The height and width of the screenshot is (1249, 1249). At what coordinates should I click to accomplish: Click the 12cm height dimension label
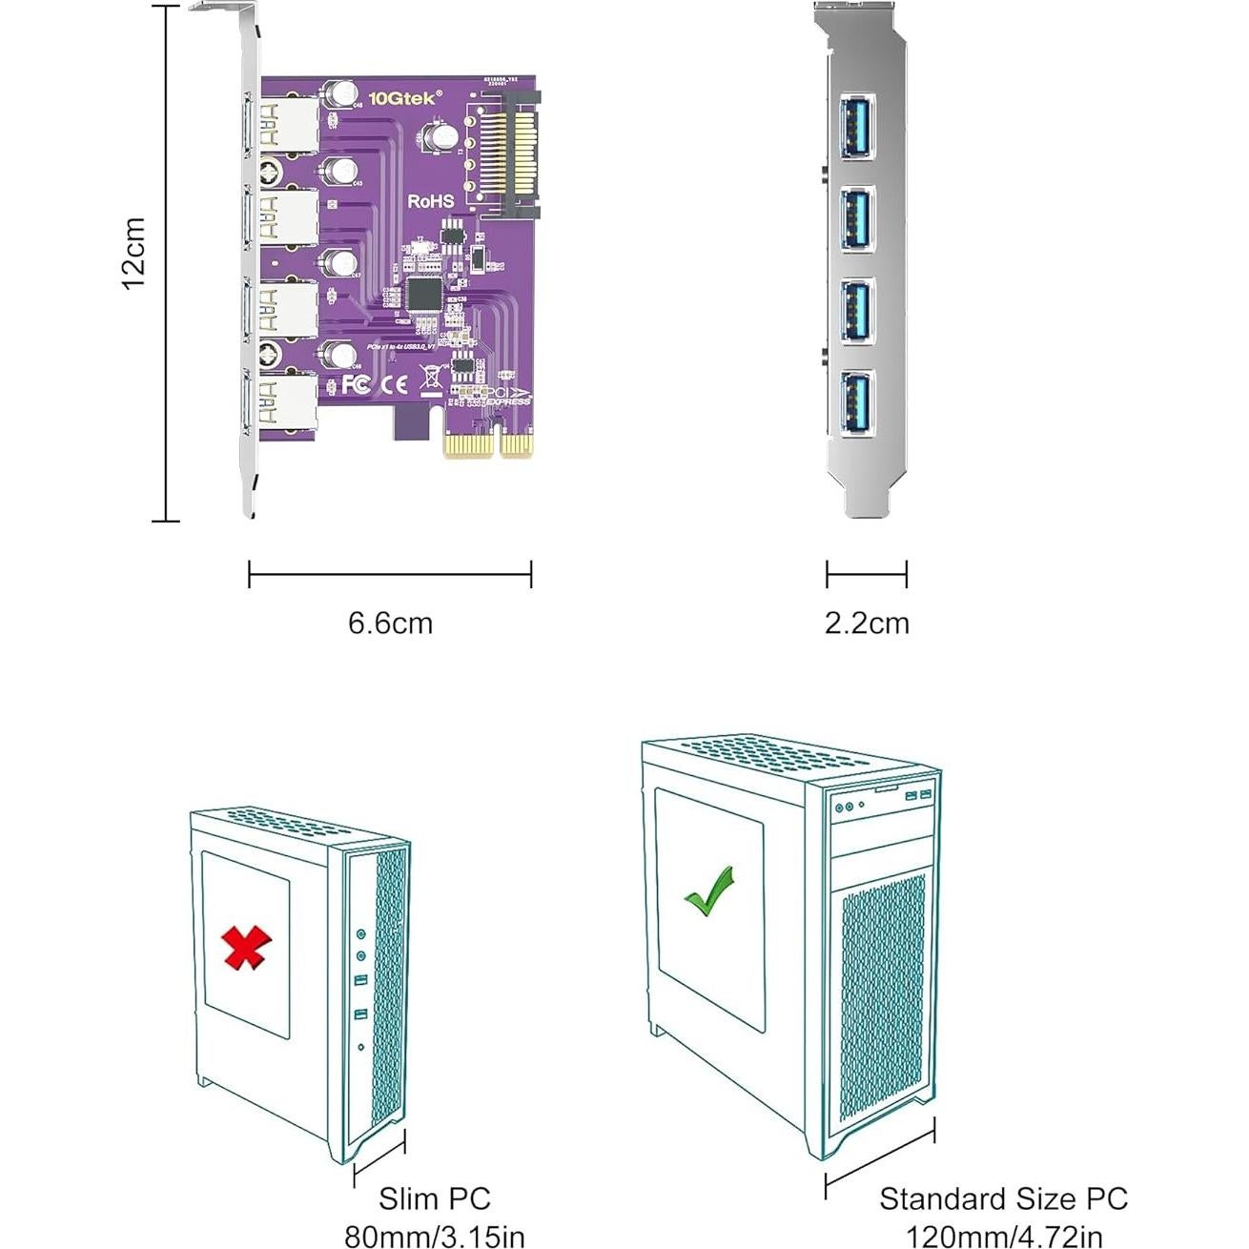[133, 253]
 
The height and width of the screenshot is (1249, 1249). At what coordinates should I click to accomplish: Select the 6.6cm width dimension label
[390, 623]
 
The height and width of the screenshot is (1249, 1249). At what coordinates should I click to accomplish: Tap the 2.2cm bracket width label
[867, 623]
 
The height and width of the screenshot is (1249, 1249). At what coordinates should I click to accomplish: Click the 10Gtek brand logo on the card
[406, 97]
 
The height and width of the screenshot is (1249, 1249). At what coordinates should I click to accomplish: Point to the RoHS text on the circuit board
[431, 201]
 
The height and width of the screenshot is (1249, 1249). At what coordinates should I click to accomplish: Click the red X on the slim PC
[246, 947]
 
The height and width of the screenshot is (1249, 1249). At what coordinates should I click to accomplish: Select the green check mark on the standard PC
[709, 891]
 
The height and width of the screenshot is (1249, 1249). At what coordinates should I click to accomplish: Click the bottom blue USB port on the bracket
[856, 403]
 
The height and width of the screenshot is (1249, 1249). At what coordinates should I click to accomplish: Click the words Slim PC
[434, 1198]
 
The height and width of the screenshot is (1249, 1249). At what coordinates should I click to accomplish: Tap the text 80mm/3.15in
[434, 1237]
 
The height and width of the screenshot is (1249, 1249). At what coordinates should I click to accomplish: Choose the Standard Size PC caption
[1003, 1198]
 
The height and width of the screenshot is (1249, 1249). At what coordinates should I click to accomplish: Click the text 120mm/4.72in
[1003, 1237]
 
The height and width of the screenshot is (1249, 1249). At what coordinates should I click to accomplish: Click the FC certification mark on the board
[357, 384]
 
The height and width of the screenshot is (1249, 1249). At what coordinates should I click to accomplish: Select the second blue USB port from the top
[856, 218]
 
